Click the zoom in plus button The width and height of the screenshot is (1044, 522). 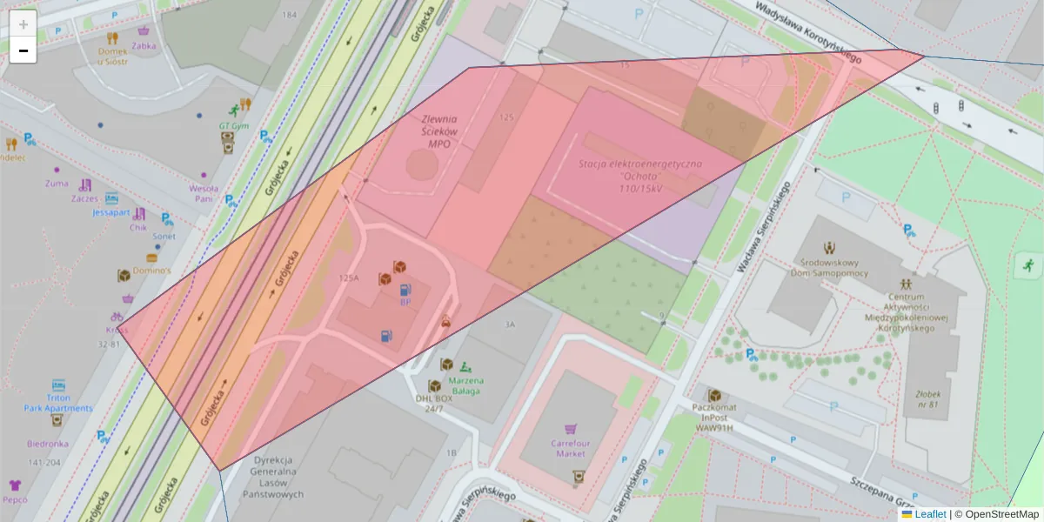(x=23, y=23)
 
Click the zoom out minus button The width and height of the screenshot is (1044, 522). (x=23, y=50)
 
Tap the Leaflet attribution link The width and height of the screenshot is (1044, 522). (x=929, y=514)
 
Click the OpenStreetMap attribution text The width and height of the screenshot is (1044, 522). (x=1000, y=514)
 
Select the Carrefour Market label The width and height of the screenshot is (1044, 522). (x=570, y=447)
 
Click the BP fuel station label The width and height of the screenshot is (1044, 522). (x=405, y=302)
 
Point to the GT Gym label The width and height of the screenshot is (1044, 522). (x=234, y=125)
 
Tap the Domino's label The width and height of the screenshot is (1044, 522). (x=151, y=271)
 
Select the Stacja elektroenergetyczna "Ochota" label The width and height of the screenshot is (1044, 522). (x=640, y=176)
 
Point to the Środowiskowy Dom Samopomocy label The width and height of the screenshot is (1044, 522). (x=829, y=267)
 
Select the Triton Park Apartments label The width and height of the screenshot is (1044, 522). (x=57, y=402)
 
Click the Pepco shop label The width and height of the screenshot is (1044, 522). (x=15, y=499)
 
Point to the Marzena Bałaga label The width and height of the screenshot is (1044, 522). (x=466, y=385)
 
